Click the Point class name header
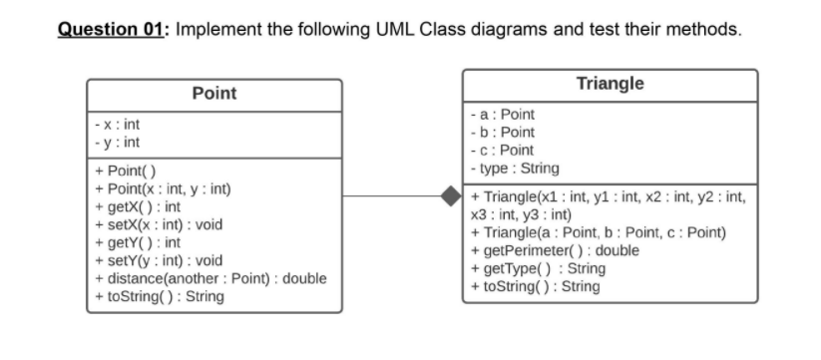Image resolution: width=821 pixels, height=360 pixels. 213,93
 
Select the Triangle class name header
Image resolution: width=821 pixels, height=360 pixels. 611,83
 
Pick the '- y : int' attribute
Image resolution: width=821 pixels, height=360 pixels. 116,145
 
